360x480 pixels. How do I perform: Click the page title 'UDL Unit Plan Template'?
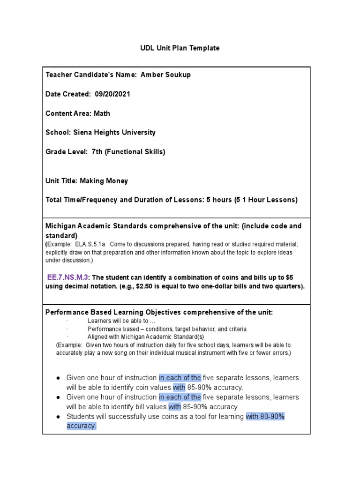pyautogui.click(x=180, y=48)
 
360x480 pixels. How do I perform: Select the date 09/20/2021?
pyautogui.click(x=112, y=94)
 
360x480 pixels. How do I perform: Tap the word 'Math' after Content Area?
pyautogui.click(x=102, y=113)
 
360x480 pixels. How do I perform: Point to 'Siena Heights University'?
pyautogui.click(x=113, y=133)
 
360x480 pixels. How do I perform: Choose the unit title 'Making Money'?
pyautogui.click(x=104, y=181)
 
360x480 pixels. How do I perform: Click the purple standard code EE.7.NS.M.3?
pyautogui.click(x=67, y=277)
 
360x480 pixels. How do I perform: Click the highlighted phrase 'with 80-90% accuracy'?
pyautogui.click(x=265, y=417)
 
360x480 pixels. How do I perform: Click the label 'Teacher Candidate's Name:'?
pyautogui.click(x=87, y=75)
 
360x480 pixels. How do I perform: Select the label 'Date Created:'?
pyautogui.click(x=68, y=94)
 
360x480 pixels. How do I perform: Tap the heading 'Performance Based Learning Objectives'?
pyautogui.click(x=112, y=312)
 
